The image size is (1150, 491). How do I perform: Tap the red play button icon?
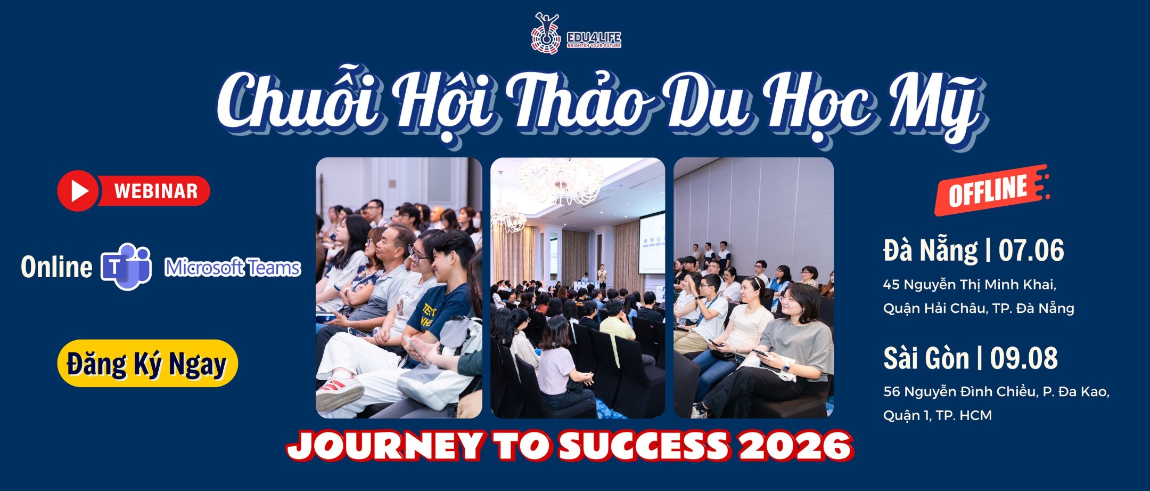[x=78, y=191]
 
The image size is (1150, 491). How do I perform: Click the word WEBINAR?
[x=155, y=191]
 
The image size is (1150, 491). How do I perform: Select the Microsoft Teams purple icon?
[x=126, y=266]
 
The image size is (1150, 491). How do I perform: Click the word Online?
[x=56, y=267]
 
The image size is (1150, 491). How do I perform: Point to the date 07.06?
[x=1031, y=251]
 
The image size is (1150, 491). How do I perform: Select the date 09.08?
[x=1024, y=358]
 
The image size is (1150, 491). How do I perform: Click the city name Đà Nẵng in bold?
[x=930, y=251]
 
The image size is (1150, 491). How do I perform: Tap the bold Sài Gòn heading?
[x=926, y=358]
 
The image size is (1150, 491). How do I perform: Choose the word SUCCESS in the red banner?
[x=644, y=446]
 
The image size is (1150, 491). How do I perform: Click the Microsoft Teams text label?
[x=233, y=267]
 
